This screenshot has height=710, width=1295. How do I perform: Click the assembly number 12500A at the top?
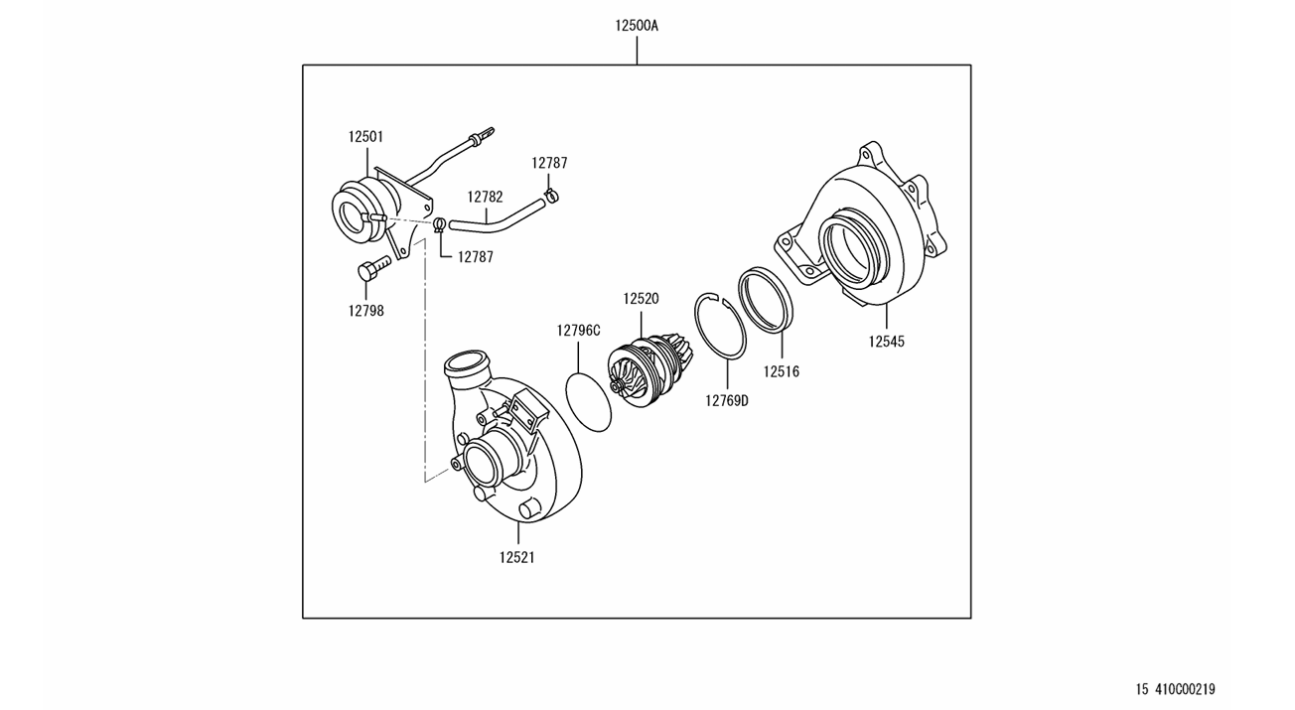tap(636, 26)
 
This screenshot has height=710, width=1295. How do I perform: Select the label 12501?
tap(365, 137)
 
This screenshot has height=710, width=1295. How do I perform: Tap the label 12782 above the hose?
tap(485, 198)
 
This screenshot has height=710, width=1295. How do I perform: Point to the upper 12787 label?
tap(549, 163)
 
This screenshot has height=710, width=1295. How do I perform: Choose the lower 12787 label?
tap(476, 257)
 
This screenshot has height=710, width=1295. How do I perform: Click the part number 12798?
tap(365, 311)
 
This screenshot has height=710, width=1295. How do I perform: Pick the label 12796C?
tap(578, 331)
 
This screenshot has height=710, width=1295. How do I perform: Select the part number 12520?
tap(641, 299)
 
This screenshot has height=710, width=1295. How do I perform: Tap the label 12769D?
tap(727, 400)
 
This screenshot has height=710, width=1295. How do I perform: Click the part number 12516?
tap(781, 371)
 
